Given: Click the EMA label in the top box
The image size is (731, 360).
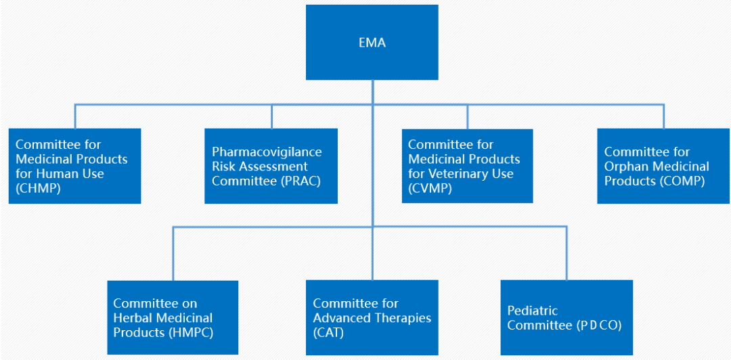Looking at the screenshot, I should [x=372, y=43].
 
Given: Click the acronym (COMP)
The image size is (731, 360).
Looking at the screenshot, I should [x=681, y=181].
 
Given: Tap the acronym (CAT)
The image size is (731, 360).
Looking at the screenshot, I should [x=328, y=332].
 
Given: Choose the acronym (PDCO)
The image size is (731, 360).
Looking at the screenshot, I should [x=599, y=325].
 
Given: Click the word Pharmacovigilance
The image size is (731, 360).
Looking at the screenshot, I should [x=267, y=152].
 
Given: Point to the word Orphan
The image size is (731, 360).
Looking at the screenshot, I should [x=625, y=166].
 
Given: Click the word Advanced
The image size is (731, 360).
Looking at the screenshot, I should [x=340, y=318].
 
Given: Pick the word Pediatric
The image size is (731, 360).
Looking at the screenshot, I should [x=533, y=311].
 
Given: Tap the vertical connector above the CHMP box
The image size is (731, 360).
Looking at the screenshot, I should [x=75, y=116].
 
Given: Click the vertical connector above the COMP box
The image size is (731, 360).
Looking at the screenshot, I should [x=663, y=116].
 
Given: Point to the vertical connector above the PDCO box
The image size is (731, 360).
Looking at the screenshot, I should [x=567, y=253].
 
